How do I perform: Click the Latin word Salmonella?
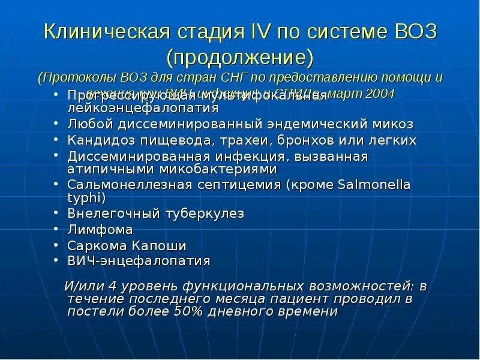[372, 185]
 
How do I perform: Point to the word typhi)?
[86, 197]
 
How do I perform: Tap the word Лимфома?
[100, 230]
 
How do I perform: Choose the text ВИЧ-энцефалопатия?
[139, 261]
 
